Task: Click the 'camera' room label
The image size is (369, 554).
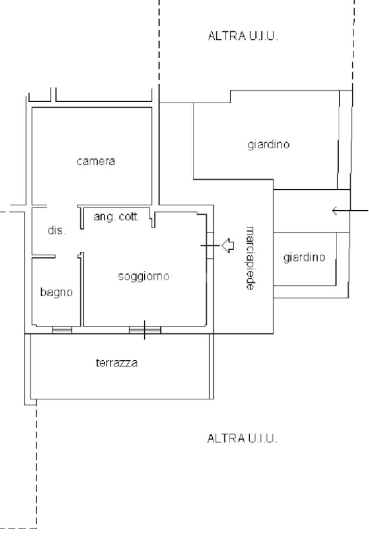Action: (96, 161)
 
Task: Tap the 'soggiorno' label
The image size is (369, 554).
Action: (144, 277)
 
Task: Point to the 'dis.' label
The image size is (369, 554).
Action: (56, 231)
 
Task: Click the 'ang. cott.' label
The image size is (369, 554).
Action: (117, 217)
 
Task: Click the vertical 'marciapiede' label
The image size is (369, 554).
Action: (250, 259)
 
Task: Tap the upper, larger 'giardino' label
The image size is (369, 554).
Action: (269, 145)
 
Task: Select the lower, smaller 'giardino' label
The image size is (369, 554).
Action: (304, 258)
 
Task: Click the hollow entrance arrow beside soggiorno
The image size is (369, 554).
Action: (227, 245)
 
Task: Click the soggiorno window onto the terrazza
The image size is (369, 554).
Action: (144, 330)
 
